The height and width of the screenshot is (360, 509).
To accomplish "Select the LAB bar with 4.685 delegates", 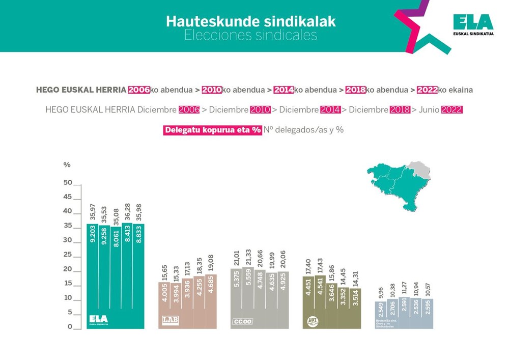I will coord(211,300).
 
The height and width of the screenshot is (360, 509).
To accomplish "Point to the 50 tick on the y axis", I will coord(68,183).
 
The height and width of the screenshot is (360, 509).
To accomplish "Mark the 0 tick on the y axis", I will coord(70,327).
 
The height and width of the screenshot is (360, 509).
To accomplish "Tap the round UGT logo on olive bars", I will coord(311,320).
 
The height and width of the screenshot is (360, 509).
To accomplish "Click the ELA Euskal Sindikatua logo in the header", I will coord(473,24).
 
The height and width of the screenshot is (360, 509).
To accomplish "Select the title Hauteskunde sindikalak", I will coord(251,22).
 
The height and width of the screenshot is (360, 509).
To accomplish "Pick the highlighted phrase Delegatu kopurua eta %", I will coord(213,130).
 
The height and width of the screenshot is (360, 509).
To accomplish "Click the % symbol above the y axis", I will coord(67,165).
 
